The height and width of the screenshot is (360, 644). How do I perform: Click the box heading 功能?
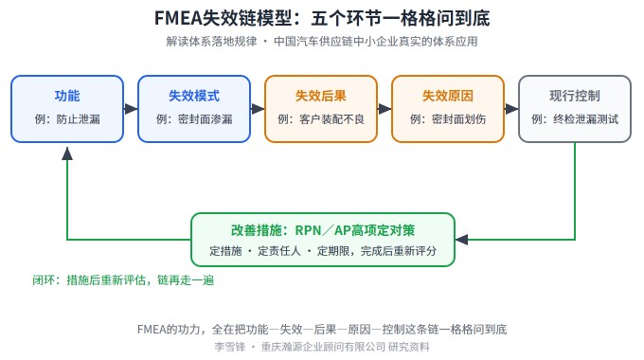67,96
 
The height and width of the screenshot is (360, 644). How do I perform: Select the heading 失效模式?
194,96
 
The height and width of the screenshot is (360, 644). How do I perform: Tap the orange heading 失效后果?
321,96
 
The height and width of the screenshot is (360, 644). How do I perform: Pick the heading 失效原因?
448,96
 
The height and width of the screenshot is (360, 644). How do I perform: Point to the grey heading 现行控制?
575,96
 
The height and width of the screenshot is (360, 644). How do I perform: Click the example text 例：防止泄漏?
67,119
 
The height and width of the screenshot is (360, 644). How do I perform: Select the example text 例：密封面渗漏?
194,119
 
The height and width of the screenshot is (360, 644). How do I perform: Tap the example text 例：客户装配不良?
321,119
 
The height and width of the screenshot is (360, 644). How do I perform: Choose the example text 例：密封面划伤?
448,119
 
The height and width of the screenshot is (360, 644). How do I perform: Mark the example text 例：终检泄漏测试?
575,119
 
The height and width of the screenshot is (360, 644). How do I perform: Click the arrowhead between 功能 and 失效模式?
131,109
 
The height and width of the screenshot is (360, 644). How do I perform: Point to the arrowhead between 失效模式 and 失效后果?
258,109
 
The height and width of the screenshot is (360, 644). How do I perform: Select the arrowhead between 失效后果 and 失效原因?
385,109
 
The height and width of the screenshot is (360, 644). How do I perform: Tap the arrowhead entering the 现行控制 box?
511,109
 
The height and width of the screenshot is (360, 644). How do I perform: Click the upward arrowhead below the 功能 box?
67,153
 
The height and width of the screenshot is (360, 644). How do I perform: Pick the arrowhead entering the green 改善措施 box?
461,240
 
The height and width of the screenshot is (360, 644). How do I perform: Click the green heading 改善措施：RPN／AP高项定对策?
323,230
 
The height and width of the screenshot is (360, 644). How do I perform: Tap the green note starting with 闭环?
123,280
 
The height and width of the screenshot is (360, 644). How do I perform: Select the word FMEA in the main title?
178,19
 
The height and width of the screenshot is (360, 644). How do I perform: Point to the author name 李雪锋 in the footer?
229,347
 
